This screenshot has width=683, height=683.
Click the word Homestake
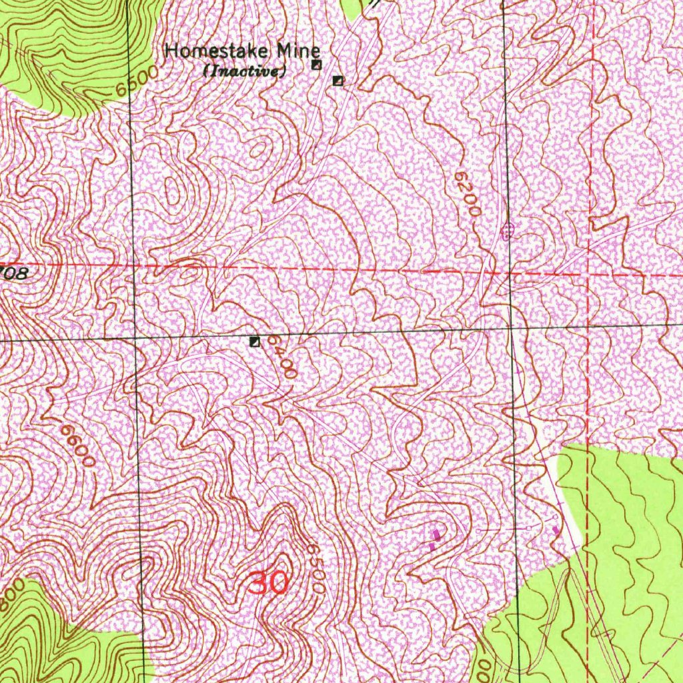pyautogui.click(x=211, y=50)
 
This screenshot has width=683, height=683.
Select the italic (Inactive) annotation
pyautogui.click(x=245, y=70)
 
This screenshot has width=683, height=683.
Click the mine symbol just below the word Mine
pyautogui.click(x=317, y=65)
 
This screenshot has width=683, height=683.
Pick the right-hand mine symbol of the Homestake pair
pyautogui.click(x=338, y=81)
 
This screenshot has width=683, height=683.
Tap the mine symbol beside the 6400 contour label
pyautogui.click(x=254, y=342)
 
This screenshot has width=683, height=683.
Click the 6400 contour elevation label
pyautogui.click(x=282, y=357)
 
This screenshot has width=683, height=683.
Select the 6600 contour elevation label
pyautogui.click(x=77, y=446)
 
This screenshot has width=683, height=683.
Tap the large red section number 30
pyautogui.click(x=269, y=582)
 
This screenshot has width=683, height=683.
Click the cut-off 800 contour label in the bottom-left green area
pyautogui.click(x=13, y=596)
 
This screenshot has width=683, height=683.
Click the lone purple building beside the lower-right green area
pyautogui.click(x=556, y=530)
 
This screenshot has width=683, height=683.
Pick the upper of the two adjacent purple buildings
pyautogui.click(x=437, y=535)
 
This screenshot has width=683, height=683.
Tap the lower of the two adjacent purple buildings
pyautogui.click(x=432, y=546)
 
